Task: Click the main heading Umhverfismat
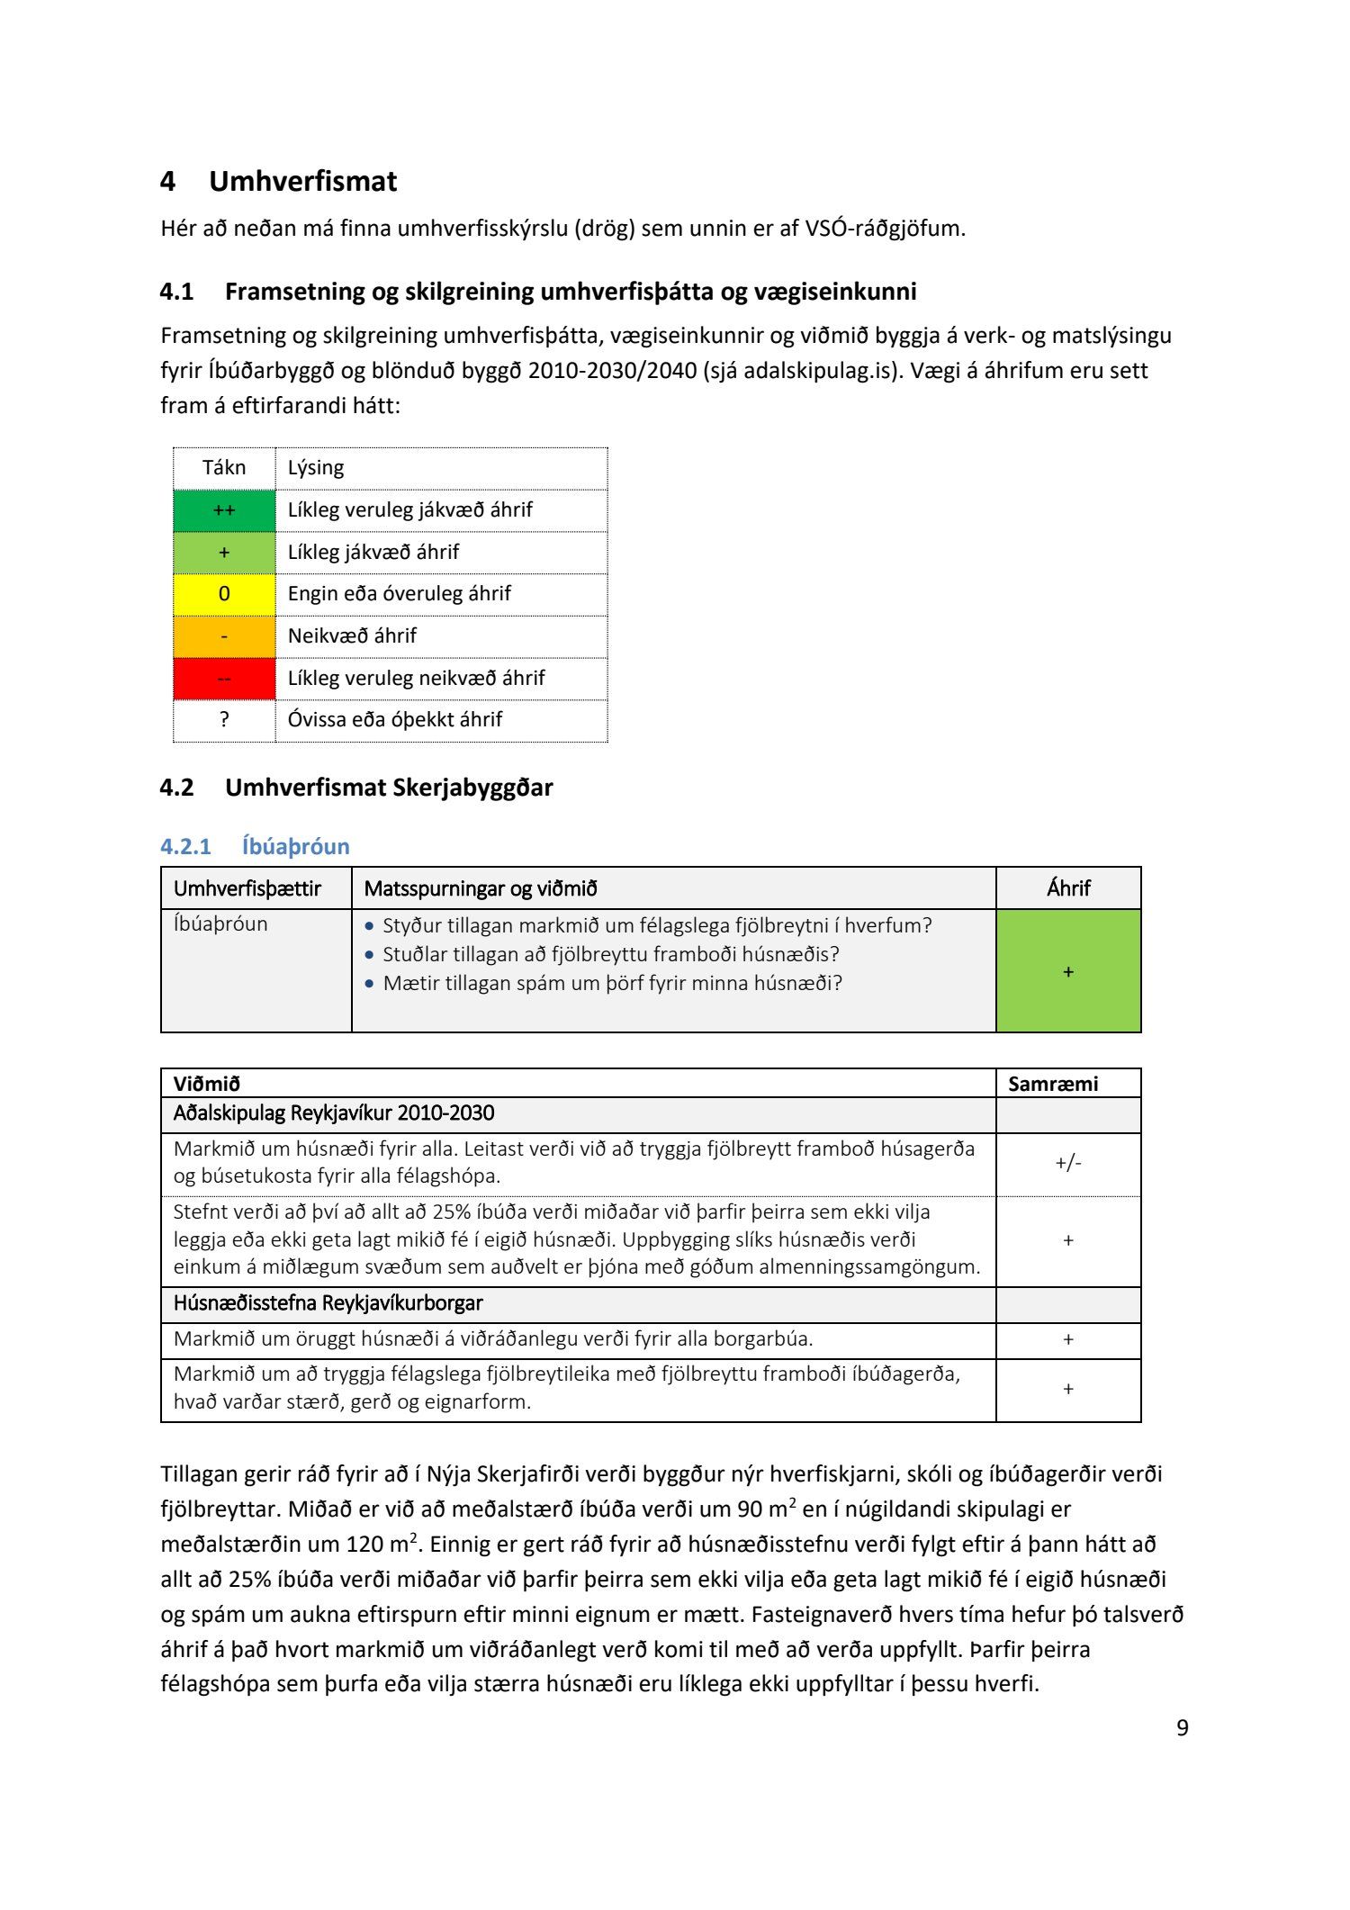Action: tap(302, 181)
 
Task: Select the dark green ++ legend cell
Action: tap(224, 510)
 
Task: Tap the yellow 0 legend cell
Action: tap(224, 594)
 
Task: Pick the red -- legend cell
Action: tap(224, 678)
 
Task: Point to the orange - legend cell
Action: tap(224, 636)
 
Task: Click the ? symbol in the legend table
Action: tap(224, 719)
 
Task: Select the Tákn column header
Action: tap(224, 468)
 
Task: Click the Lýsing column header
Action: tap(316, 468)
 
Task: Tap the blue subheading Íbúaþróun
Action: tap(295, 846)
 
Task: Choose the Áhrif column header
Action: tap(1068, 888)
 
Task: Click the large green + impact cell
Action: tap(1068, 971)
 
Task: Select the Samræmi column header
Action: tap(1053, 1084)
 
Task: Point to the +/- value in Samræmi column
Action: tap(1068, 1163)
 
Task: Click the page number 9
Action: tap(1183, 1727)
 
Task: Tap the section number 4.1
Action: tap(176, 292)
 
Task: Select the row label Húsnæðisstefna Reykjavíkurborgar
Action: tap(328, 1303)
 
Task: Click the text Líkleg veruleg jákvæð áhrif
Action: tap(409, 510)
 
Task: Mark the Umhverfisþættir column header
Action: tap(247, 888)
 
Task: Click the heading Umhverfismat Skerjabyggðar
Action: tap(389, 788)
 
